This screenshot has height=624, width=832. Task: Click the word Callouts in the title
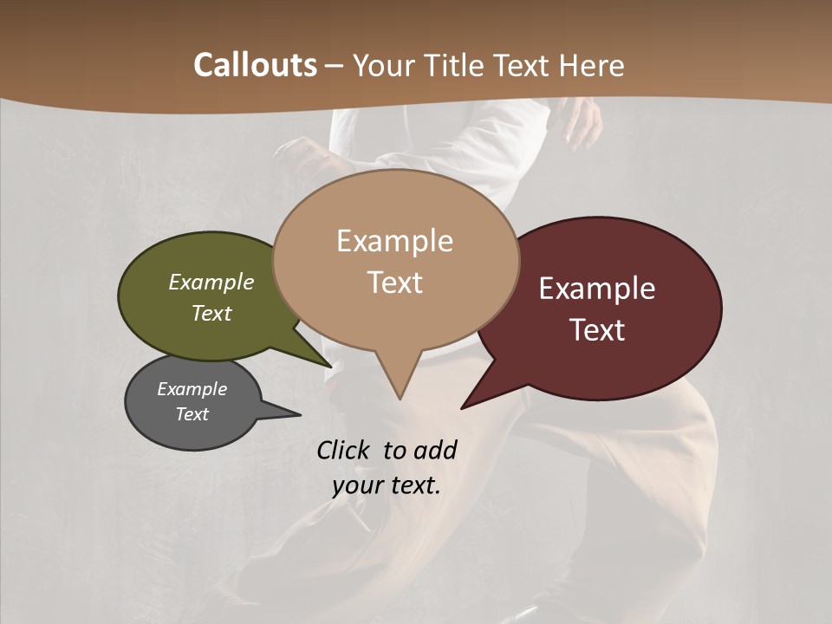point(255,65)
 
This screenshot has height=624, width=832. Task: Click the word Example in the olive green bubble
point(211,282)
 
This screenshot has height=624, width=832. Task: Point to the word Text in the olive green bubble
point(211,313)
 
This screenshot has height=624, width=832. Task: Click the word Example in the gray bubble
point(192,389)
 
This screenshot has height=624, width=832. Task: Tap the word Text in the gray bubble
point(192,414)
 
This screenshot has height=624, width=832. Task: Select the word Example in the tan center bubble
point(394,240)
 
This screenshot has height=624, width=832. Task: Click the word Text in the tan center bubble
point(395,283)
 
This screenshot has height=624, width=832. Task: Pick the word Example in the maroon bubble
point(597,288)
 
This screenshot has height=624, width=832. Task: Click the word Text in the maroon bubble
point(598,330)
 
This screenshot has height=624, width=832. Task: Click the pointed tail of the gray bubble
point(295,414)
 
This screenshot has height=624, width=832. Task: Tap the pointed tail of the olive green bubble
point(328,364)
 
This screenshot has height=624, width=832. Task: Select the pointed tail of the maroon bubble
point(466,405)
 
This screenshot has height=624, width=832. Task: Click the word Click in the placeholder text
point(345,450)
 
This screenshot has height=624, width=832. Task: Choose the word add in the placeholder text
point(434,450)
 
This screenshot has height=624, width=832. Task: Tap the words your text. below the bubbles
point(387,484)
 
